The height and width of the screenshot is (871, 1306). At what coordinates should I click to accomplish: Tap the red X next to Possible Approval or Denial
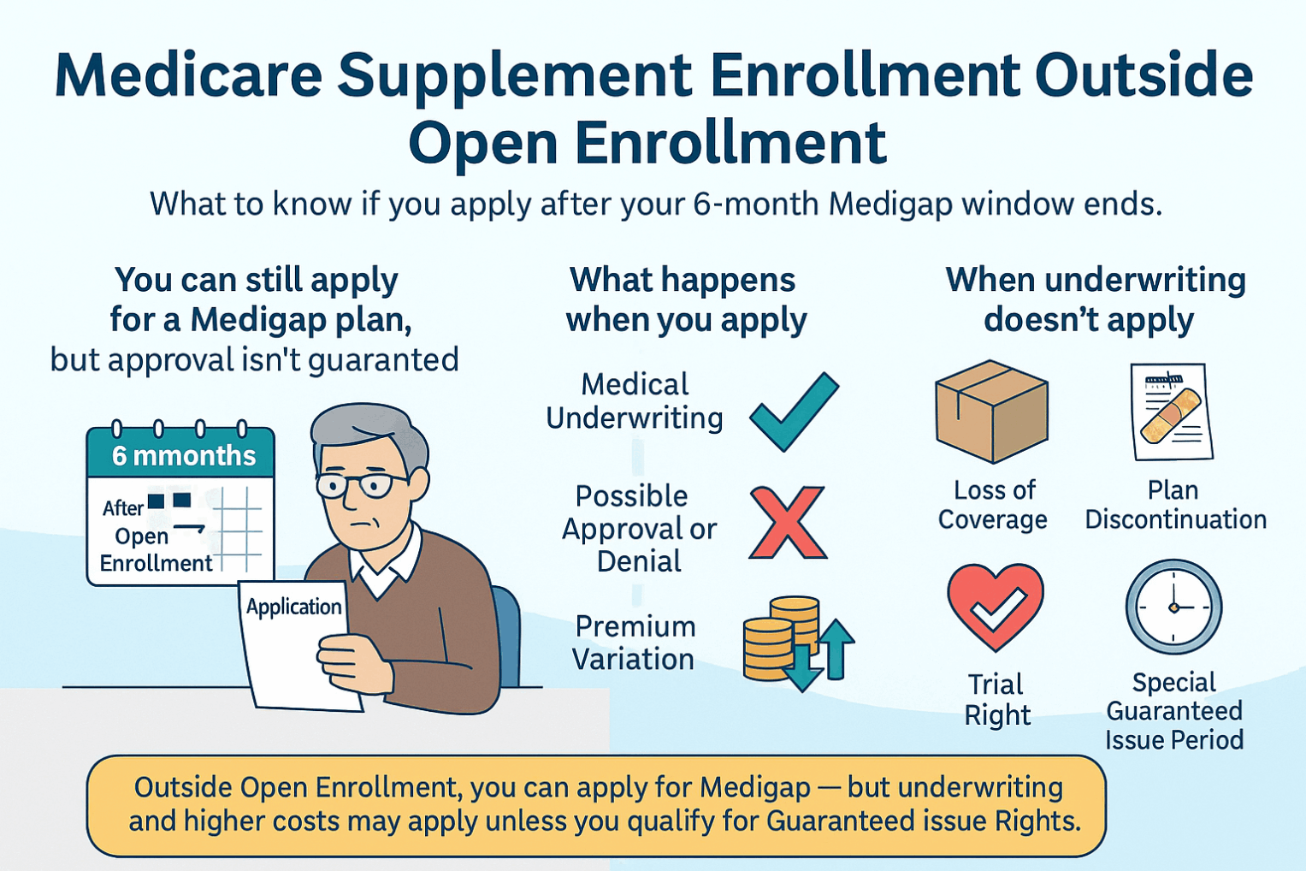(788, 523)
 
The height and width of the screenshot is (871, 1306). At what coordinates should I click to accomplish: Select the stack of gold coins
(781, 638)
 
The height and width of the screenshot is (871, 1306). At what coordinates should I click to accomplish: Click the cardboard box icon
(992, 412)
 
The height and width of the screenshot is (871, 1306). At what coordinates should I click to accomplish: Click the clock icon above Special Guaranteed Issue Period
(1173, 607)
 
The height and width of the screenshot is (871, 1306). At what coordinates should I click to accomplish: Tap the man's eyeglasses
(362, 485)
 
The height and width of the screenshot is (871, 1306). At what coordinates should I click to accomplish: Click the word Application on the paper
(293, 607)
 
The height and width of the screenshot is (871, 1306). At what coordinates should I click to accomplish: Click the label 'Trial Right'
(997, 700)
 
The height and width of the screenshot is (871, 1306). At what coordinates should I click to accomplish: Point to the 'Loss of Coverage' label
(992, 505)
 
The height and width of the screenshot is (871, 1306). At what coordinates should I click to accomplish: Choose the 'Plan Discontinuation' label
(1175, 505)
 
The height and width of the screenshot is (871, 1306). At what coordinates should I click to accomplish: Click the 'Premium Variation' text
(635, 643)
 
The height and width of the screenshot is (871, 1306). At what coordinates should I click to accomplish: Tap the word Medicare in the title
(188, 76)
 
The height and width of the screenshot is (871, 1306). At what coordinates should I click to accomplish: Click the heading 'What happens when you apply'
(685, 299)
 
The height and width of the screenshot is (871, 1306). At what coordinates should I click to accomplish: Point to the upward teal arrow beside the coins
(836, 649)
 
